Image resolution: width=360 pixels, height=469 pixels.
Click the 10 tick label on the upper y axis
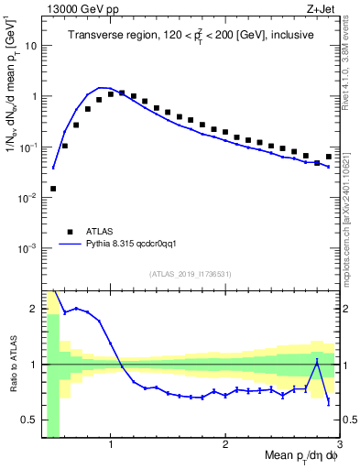[x=31, y=44]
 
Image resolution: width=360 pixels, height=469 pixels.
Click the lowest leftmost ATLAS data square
[x=53, y=189]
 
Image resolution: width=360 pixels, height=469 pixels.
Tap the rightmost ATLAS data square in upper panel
[x=329, y=157]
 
